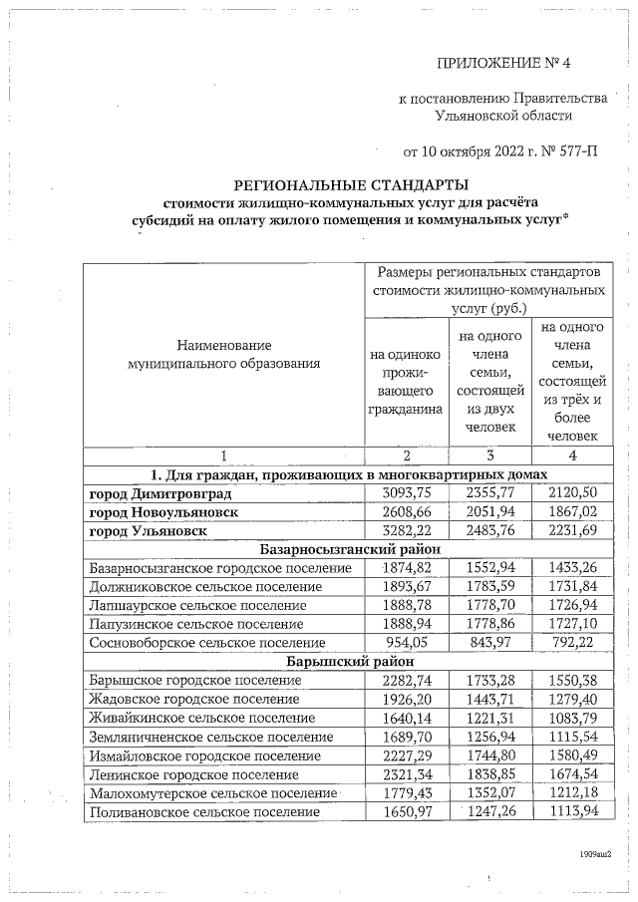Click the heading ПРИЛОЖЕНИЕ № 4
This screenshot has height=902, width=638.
[x=507, y=66]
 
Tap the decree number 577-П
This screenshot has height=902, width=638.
[x=573, y=152]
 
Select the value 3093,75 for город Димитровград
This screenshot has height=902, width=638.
[x=406, y=493]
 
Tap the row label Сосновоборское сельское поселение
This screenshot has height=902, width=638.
[x=207, y=644]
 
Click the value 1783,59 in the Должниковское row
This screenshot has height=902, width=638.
[x=488, y=587]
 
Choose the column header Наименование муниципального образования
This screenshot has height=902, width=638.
[x=224, y=354]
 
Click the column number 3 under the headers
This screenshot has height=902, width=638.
[x=488, y=455]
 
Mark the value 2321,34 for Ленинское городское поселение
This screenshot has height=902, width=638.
[x=406, y=774]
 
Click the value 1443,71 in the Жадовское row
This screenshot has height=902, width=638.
[x=488, y=699]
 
